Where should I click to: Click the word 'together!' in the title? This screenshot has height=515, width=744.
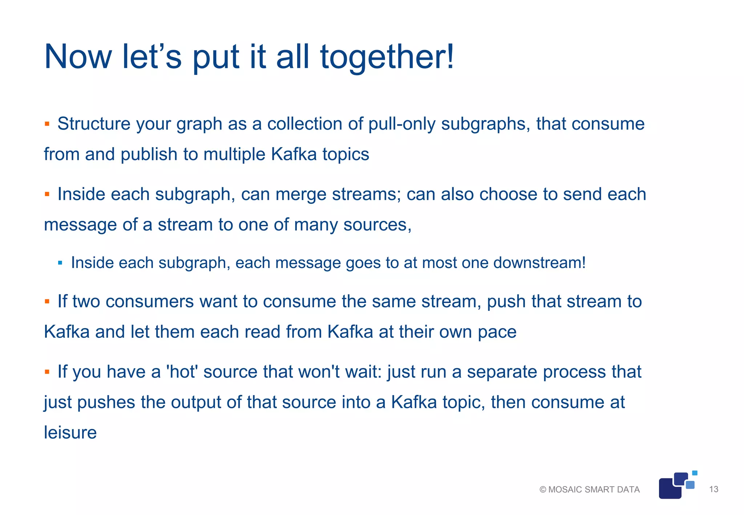(387, 57)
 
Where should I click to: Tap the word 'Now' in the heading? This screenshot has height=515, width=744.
(78, 57)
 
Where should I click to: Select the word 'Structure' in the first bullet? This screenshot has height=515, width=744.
(94, 124)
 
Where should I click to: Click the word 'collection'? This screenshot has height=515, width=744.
(304, 124)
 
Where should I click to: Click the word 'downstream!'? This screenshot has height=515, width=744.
(539, 263)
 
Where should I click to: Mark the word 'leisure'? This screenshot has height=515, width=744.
(70, 433)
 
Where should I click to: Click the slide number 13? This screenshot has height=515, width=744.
(713, 489)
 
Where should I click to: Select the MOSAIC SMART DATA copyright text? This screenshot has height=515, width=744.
(590, 490)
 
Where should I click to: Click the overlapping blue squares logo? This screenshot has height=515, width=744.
(676, 486)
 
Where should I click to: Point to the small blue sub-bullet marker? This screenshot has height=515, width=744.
(60, 263)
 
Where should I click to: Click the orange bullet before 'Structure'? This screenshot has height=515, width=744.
(47, 124)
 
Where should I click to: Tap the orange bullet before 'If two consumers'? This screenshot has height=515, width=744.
(47, 301)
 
